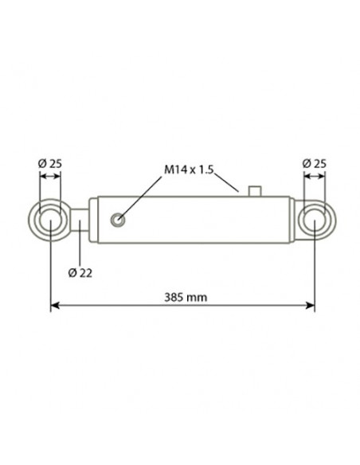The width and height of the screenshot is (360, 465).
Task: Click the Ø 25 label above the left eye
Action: (x=50, y=163)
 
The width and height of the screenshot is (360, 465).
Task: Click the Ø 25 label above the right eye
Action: (x=314, y=163)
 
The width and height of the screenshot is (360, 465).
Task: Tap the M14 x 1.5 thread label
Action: (x=189, y=170)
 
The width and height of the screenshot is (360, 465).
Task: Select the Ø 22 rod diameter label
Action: (x=80, y=273)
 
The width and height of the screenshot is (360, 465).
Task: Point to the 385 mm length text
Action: (x=186, y=297)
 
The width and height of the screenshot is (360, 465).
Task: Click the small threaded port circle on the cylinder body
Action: (x=118, y=220)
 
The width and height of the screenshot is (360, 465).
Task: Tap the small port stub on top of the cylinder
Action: (x=255, y=191)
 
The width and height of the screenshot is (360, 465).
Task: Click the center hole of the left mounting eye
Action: (x=50, y=220)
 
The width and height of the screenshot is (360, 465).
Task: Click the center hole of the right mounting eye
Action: (x=315, y=220)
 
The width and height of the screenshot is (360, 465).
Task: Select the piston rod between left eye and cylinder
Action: (x=79, y=220)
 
